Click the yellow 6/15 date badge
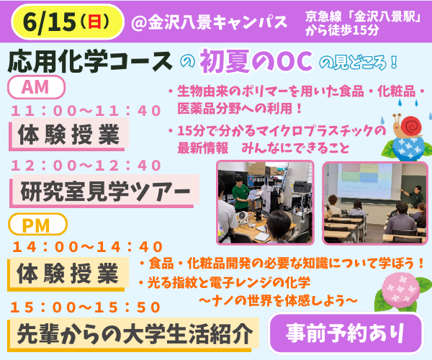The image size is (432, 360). point(68,22)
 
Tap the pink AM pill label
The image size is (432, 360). point(36,87)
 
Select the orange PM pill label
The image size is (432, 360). point(37,225)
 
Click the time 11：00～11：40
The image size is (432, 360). point(86,111)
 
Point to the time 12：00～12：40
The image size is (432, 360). point(86,166)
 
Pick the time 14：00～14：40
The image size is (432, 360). point(87,246)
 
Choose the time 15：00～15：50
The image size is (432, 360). point(86,307)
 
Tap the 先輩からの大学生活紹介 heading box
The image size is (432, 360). point(133,334)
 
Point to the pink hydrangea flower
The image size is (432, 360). point(400,289)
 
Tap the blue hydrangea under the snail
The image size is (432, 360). point(406,148)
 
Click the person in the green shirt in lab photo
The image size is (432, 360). point(240,194)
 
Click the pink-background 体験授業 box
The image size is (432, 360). point(69,135)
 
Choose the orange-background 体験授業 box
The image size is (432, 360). point(68,274)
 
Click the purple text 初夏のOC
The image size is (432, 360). point(256,61)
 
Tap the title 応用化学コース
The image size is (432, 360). point(90,61)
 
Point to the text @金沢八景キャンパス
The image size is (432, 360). point(210,22)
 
